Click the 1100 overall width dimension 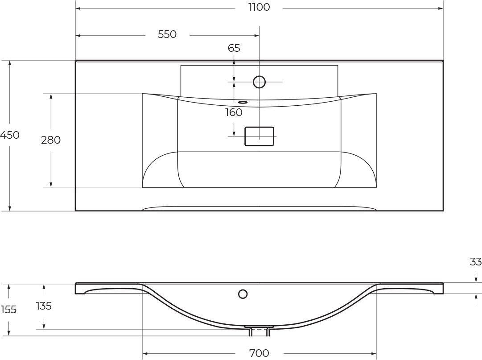259,7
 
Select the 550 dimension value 167,34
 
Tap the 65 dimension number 234,48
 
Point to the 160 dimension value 234,112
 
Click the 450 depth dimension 9,135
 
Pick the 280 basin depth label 51,140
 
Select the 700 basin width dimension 259,353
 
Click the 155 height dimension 8,309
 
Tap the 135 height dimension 44,306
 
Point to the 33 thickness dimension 476,262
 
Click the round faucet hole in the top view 259,82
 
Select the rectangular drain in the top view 259,136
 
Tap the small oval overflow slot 243,102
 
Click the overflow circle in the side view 243,294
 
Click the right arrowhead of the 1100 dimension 441,8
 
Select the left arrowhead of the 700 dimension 145,354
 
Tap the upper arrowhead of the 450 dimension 10,63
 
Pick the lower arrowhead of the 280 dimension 51,184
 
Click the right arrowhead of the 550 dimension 257,35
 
